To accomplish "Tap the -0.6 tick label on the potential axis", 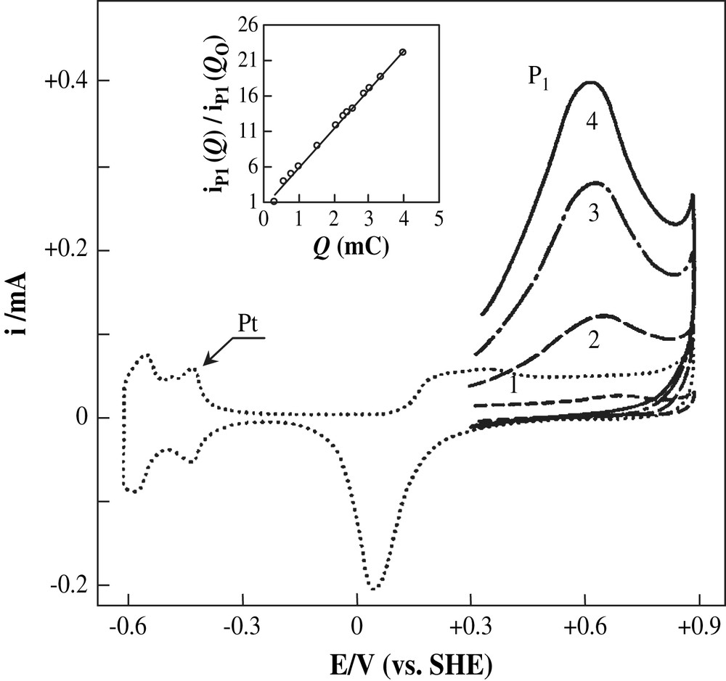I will [128, 625].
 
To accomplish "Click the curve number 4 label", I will [592, 123].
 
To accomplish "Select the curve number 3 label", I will [592, 215].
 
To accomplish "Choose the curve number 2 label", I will [592, 341].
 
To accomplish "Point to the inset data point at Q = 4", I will [403, 52].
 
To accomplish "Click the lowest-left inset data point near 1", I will [274, 201].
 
